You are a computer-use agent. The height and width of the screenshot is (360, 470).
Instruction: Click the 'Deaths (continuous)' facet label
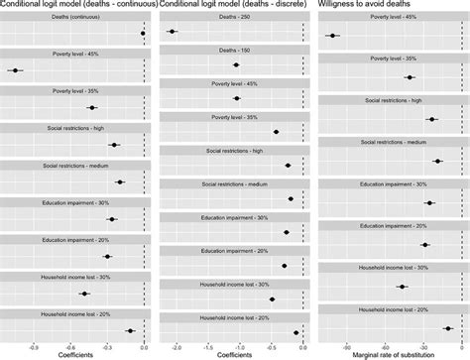click(75, 19)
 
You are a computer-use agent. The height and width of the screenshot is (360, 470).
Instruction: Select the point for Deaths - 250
click(174, 32)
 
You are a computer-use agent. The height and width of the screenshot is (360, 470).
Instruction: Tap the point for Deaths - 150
click(236, 64)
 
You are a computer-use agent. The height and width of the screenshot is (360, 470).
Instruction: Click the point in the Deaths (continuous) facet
click(143, 34)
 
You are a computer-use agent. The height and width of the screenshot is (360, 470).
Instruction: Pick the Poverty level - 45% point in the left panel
click(15, 70)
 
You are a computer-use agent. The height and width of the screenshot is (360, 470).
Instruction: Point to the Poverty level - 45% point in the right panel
click(332, 37)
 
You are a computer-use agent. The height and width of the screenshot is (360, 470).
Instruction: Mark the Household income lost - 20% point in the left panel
click(130, 331)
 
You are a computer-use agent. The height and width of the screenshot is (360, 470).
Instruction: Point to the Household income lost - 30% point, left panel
click(84, 294)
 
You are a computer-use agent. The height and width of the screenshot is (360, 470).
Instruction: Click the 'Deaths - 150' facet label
click(235, 51)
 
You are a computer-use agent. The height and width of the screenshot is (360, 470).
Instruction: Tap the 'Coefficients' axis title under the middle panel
click(235, 352)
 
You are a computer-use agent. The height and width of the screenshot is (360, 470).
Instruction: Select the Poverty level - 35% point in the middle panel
click(276, 132)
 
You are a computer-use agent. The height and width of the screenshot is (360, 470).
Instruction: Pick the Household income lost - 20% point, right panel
click(448, 327)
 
